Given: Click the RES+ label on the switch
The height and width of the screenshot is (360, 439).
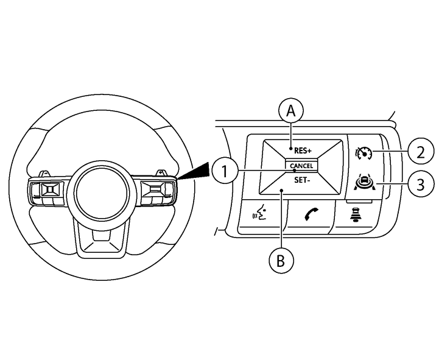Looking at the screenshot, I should click(x=302, y=150).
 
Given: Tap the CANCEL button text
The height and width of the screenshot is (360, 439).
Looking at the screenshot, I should click(x=302, y=166).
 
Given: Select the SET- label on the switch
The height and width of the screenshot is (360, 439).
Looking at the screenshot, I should click(x=302, y=180).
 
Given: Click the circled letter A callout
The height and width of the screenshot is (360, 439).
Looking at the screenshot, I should click(x=291, y=111).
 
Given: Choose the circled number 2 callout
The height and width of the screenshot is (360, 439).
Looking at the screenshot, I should click(x=419, y=150).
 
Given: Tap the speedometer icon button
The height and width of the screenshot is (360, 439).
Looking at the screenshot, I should click(x=364, y=152).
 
